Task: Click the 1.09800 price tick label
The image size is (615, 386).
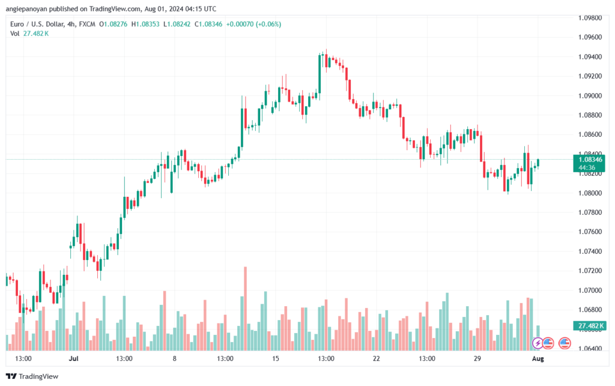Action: (590, 18)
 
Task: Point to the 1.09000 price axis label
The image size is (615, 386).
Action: (590, 96)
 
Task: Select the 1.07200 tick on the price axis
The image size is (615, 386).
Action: (590, 271)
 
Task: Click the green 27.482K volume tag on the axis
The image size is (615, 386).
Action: (590, 325)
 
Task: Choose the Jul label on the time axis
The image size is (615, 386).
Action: (73, 358)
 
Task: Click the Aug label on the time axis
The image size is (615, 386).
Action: (538, 358)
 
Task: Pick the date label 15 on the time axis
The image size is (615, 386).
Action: (275, 358)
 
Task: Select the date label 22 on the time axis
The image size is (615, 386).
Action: (376, 358)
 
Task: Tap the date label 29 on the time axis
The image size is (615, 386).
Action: (477, 358)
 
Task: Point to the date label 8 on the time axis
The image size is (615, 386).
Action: (175, 358)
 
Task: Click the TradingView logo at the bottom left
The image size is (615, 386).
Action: (32, 376)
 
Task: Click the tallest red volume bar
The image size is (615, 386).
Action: (246, 309)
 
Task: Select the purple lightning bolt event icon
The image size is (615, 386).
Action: (538, 343)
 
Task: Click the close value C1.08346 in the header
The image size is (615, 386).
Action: (208, 24)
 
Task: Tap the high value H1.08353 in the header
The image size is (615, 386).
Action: (145, 24)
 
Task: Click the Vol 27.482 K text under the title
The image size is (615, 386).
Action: (29, 34)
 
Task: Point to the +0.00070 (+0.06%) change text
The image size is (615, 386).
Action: (254, 24)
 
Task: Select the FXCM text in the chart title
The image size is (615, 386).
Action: (87, 24)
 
